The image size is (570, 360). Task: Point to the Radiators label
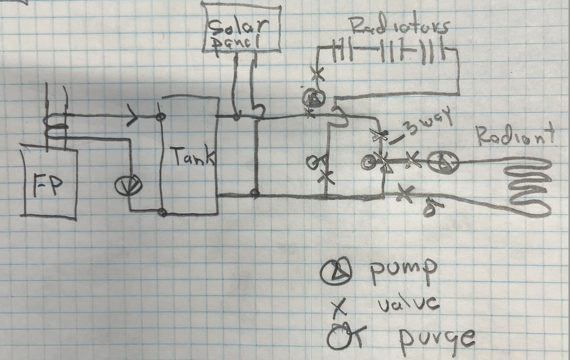pyautogui.click(x=399, y=27)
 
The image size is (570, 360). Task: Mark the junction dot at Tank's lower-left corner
pyautogui.click(x=162, y=212)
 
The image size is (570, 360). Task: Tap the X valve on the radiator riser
pyautogui.click(x=318, y=74)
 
